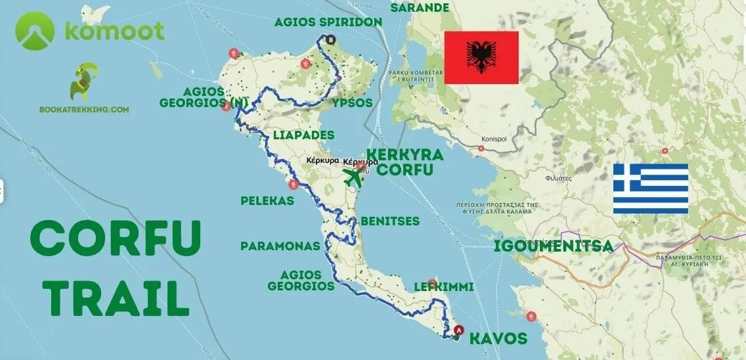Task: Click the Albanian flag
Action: [481, 57]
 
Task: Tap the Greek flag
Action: [650, 189]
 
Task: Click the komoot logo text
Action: [114, 31]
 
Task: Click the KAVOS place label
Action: [498, 339]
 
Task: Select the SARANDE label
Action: [420, 8]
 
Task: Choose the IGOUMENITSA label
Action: [553, 246]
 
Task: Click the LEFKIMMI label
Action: [444, 287]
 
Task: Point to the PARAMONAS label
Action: [280, 246]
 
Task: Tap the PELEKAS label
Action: [268, 201]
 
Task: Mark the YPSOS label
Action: [352, 103]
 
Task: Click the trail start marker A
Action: [458, 330]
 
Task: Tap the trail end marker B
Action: [330, 39]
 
